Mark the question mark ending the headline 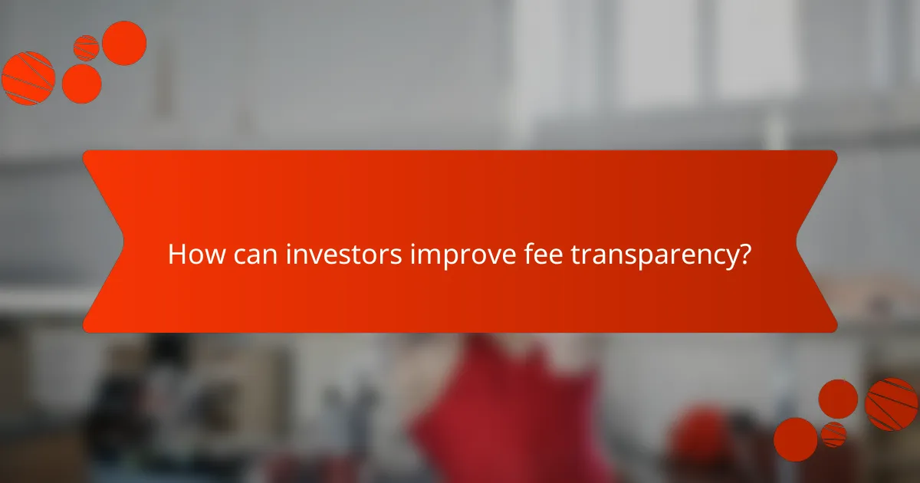click(x=744, y=255)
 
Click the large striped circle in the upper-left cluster click(x=28, y=78)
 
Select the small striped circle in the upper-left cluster click(x=86, y=48)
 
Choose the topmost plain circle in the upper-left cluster click(x=124, y=43)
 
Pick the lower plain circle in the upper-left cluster click(x=81, y=83)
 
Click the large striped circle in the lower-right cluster click(x=892, y=404)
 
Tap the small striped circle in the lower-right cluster click(x=833, y=434)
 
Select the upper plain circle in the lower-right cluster click(x=838, y=399)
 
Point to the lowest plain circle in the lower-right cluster click(x=795, y=439)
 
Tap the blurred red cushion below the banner click(x=491, y=414)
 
